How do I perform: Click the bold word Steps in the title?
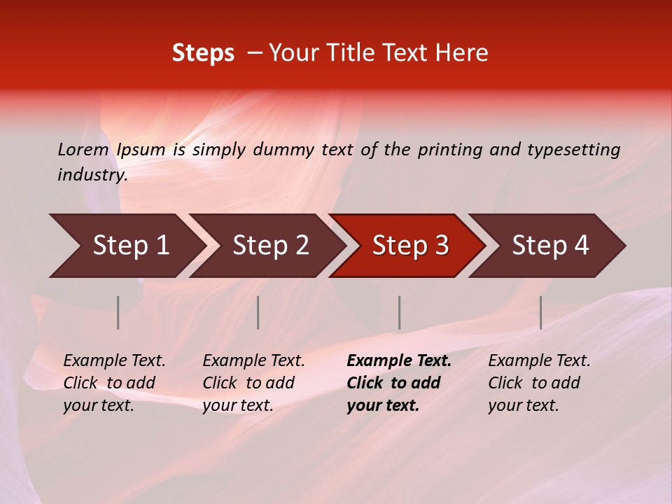click(203, 53)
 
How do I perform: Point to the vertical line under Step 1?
click(118, 312)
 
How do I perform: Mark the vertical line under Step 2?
click(258, 312)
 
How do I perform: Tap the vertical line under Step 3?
click(399, 312)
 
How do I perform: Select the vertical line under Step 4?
click(540, 312)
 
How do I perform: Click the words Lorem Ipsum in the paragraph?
click(111, 150)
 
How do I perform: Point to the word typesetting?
click(573, 150)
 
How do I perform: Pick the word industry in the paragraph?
click(92, 175)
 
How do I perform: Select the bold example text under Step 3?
click(399, 383)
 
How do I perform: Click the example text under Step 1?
click(114, 383)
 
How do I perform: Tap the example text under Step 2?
click(253, 383)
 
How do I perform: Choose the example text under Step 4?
click(539, 383)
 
